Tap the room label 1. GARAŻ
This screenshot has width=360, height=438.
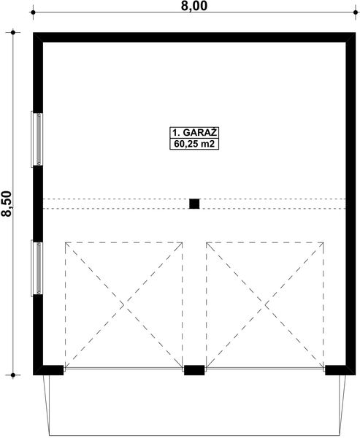[x=195, y=132]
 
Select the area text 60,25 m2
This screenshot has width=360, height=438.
[x=195, y=145]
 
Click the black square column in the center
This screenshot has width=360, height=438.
[x=194, y=204]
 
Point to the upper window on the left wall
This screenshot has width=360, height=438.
[x=36, y=139]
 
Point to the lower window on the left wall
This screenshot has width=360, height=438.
[x=36, y=268]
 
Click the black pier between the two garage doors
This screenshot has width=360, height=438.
[x=194, y=370]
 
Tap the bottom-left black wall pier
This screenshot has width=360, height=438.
[x=49, y=369]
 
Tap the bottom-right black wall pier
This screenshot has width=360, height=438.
[x=337, y=369]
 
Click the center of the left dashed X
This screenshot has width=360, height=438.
[x=124, y=305]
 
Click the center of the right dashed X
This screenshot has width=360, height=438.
[x=265, y=305]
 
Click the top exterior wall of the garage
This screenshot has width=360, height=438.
[x=194, y=37]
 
